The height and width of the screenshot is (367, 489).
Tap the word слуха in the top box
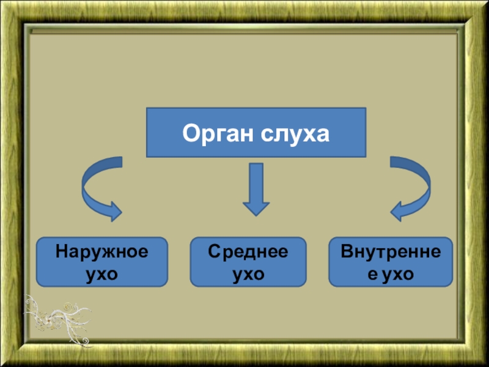coord(295,133)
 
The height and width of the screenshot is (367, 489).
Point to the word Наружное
coord(101,252)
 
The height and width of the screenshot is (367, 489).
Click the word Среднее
coord(248,252)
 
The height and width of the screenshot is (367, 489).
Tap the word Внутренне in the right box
coord(391,252)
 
